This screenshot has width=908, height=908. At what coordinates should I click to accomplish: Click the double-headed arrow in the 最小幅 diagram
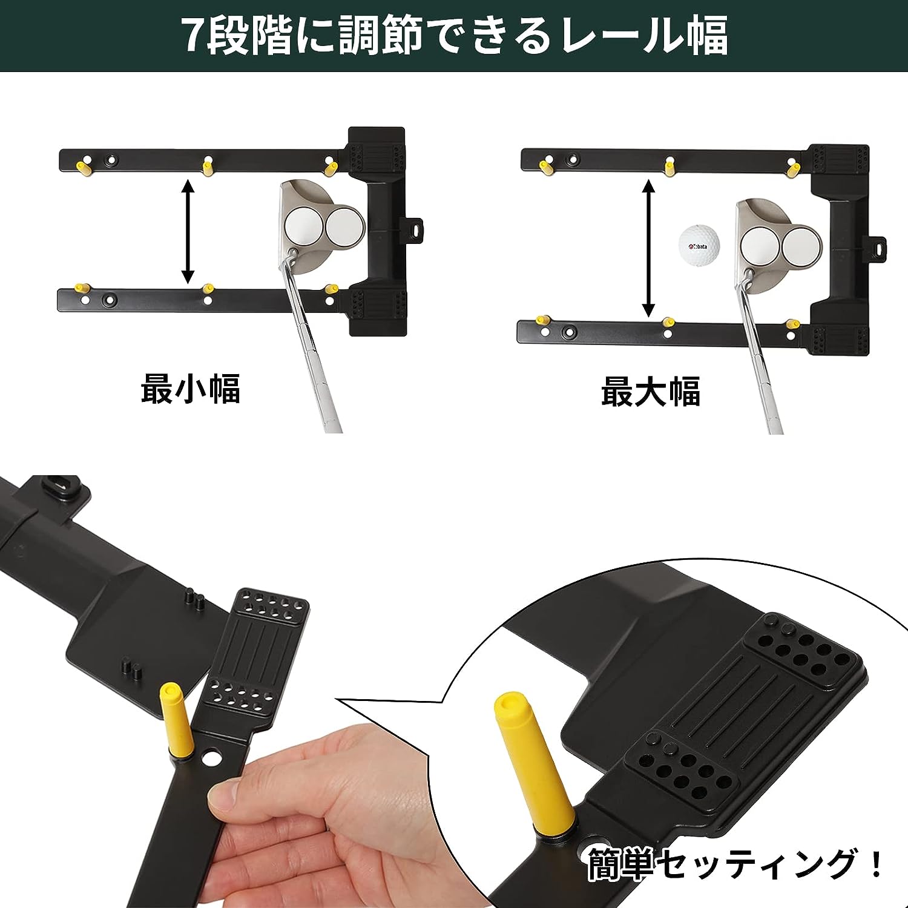pyautogui.click(x=189, y=231)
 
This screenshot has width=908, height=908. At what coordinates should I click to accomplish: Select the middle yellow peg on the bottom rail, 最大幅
pyautogui.click(x=668, y=323)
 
